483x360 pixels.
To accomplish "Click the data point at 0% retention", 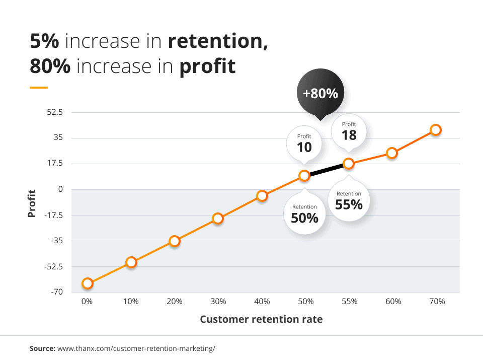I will (88, 283).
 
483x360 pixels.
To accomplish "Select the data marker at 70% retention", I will (436, 130).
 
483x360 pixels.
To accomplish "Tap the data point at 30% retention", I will (218, 219).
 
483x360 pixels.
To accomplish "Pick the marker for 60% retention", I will (392, 153).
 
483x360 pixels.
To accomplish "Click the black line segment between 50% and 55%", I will (327, 170).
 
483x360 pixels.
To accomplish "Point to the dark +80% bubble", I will (319, 93).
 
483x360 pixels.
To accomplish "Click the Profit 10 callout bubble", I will (304, 143).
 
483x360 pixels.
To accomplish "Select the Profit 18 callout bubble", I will (349, 131).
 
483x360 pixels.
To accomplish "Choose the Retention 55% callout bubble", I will (349, 201).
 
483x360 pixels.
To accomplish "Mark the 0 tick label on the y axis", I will (60, 189).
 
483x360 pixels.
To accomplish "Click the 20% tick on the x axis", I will (174, 302).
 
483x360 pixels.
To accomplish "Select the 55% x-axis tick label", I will (349, 302).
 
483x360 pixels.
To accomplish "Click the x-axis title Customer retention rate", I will (261, 319).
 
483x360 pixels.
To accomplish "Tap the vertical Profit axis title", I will (32, 203).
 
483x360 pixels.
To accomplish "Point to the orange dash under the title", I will (39, 88).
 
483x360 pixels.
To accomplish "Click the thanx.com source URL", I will (136, 348).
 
